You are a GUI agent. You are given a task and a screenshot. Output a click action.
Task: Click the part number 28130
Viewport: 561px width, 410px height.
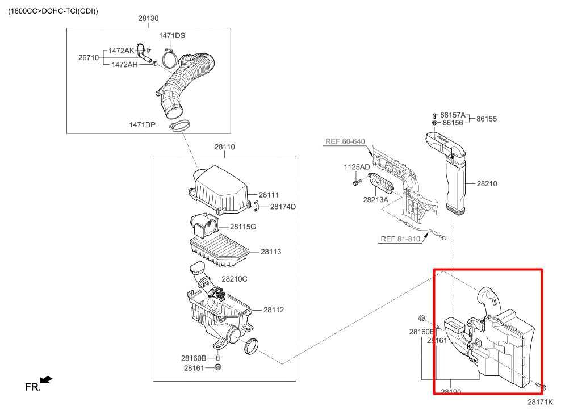coord(148,18)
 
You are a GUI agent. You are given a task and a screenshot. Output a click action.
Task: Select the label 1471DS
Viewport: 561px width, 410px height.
coord(172,35)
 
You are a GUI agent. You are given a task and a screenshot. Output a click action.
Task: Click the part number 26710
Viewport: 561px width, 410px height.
coord(89,57)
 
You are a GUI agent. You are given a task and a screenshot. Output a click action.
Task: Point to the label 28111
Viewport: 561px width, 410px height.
coord(269,195)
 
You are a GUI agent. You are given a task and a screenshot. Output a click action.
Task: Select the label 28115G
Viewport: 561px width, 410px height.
coord(243,227)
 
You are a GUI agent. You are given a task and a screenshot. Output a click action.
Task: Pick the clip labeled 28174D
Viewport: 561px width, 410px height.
coord(256,206)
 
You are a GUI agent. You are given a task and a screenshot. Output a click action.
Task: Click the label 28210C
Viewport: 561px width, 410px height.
coord(235,279)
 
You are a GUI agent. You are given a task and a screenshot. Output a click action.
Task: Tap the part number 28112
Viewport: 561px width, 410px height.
coord(273,310)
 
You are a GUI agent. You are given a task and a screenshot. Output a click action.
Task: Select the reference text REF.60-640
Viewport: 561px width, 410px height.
coord(345,141)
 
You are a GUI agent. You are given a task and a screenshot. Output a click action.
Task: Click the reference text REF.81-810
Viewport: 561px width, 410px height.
coord(400,239)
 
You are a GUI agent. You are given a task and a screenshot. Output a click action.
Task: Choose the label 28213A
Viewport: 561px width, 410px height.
coord(376,200)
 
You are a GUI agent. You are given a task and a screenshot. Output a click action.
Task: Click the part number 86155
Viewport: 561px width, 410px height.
coord(486,119)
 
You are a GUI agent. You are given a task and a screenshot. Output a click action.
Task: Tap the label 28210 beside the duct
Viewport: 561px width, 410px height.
coord(487,183)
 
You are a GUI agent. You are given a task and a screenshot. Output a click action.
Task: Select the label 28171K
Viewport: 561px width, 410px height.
coord(539,402)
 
